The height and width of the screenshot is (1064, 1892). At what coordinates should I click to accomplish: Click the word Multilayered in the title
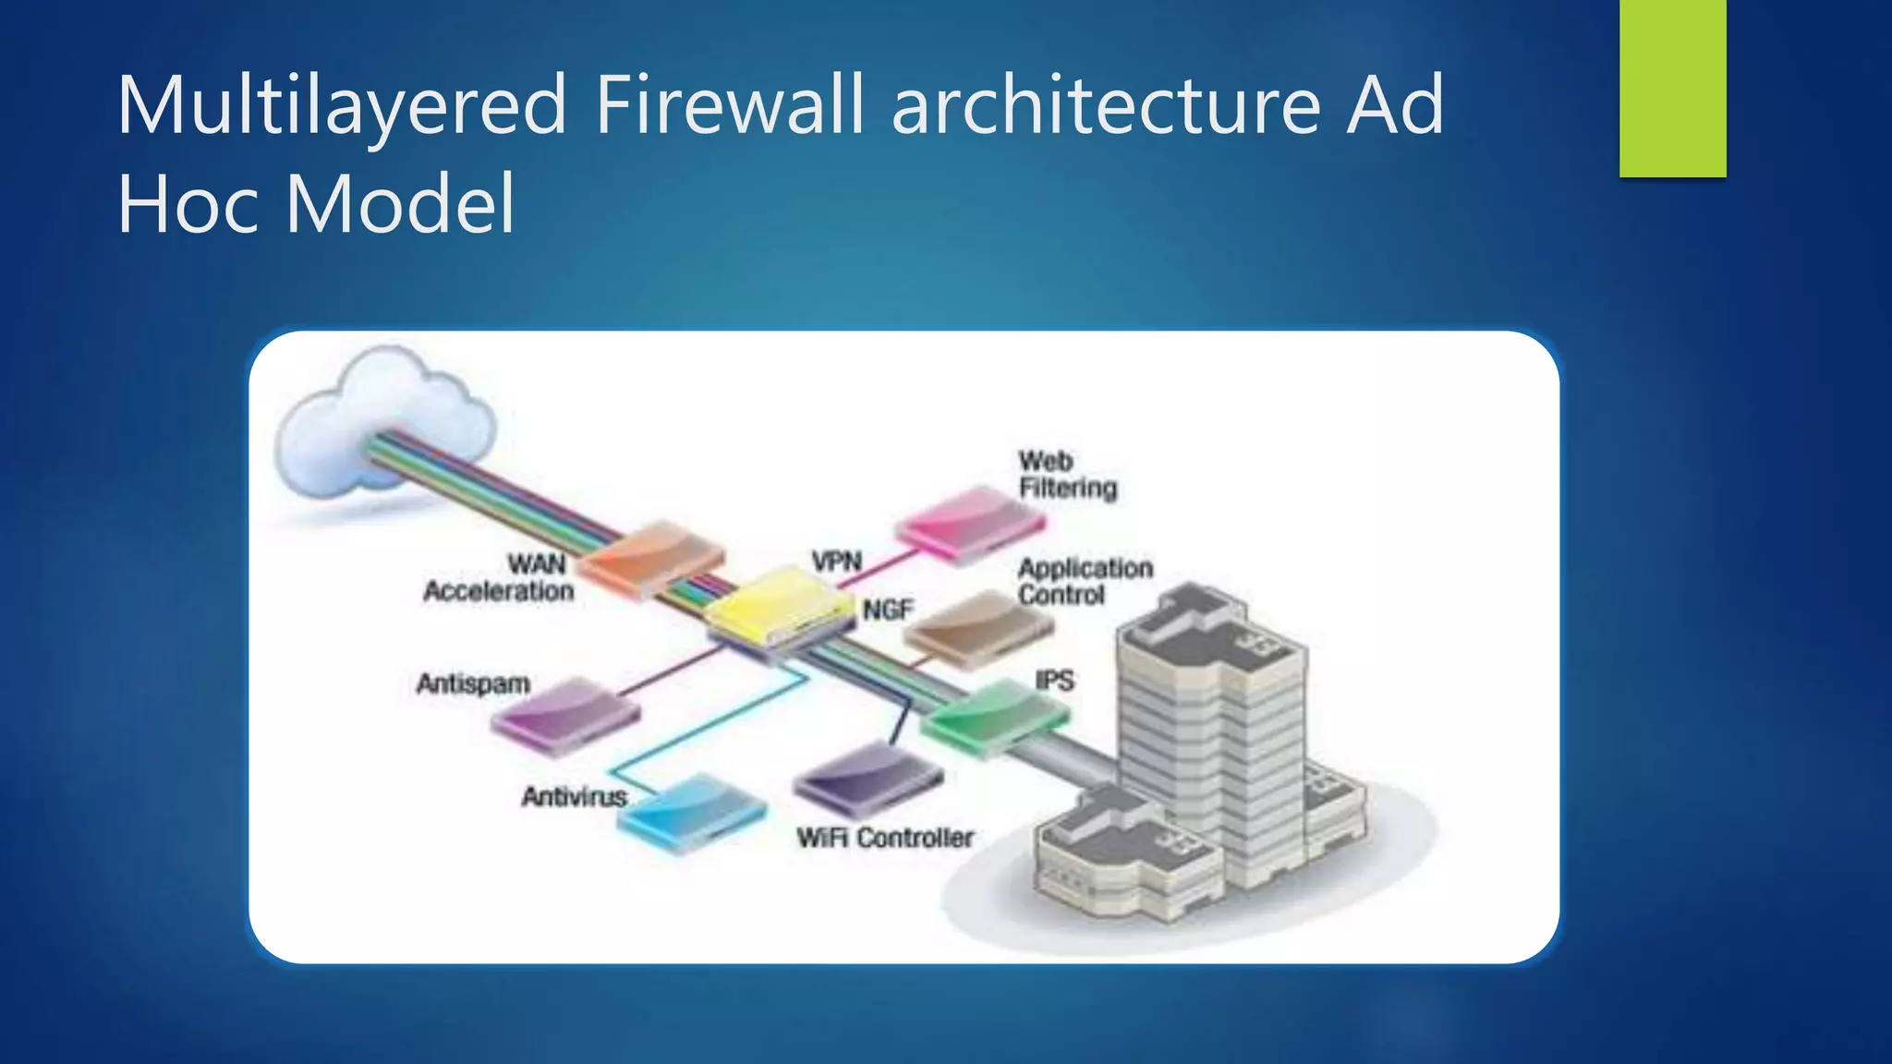(342, 106)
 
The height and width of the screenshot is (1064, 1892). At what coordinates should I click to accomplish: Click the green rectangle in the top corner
(1672, 88)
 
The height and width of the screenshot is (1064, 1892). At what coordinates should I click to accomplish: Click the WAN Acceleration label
(500, 577)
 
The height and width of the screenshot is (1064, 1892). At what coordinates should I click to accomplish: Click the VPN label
(836, 561)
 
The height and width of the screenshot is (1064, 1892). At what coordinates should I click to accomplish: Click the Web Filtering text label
(1067, 474)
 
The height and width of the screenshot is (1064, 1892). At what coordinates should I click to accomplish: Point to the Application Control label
(1085, 581)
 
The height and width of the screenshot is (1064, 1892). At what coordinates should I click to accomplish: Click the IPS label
(1054, 681)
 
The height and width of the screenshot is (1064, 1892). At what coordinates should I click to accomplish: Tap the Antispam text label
(473, 683)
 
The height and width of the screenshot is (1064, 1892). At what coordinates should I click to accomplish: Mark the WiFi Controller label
(885, 838)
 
